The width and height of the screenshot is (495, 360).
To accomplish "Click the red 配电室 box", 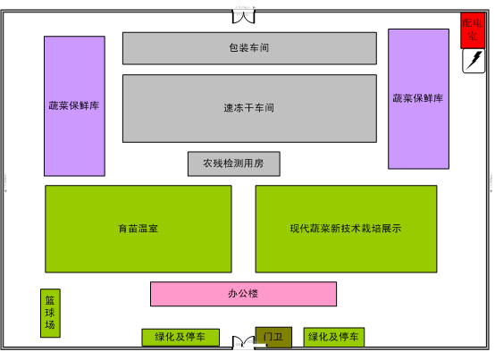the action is coord(473,30).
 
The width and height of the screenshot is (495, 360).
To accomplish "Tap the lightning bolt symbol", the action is coord(474,60).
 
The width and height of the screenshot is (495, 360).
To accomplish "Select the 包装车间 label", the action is coord(248,47).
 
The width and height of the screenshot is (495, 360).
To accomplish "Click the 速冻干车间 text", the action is coord(248,108).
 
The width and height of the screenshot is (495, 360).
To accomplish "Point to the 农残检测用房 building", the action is coord(233,163).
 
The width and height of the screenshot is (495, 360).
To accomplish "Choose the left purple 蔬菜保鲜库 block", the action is coord(74,106).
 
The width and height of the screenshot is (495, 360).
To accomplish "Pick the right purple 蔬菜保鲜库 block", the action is coord(418,99).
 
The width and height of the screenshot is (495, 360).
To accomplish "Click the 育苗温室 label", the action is coord(138,229).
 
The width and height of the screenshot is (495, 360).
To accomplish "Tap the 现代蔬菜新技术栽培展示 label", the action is coord(346,229).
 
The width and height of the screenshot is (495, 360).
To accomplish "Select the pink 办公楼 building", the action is coord(243,294).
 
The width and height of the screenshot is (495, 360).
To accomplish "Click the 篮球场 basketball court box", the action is coord(50,313).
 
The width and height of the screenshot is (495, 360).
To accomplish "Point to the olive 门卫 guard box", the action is coord(273,338).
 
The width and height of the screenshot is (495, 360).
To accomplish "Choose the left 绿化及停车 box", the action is coord(180,338).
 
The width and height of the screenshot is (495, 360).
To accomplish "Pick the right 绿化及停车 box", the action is coord(334,337).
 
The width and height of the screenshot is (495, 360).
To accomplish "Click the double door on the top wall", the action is coord(243,16).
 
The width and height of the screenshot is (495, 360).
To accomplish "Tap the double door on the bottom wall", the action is coord(243,342).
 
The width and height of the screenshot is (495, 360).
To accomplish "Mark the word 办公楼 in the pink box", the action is coord(243,294).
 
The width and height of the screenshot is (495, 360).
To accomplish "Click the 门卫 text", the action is coord(273,337).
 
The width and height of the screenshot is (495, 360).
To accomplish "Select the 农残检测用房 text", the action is coord(233,163).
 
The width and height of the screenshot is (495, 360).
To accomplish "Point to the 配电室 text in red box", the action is coord(473,29).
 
